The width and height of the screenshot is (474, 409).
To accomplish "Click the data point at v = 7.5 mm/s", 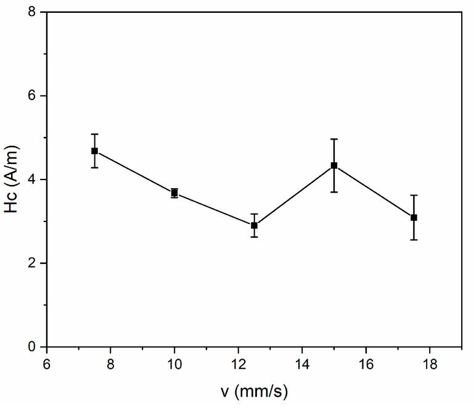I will (x=94, y=151).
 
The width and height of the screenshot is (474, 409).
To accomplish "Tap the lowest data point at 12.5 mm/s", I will (x=254, y=225).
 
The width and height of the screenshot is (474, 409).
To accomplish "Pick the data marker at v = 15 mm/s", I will (x=334, y=165).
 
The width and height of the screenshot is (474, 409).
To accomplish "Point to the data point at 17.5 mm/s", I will (x=414, y=217).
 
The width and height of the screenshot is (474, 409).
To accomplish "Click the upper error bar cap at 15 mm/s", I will (x=334, y=139).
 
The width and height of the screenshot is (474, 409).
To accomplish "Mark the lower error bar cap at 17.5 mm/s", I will (x=414, y=239).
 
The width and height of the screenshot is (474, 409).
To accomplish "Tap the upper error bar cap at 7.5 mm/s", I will (x=94, y=134).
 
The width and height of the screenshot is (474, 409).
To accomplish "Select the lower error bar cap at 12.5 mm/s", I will (x=254, y=237).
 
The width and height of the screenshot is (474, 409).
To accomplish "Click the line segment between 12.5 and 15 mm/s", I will (x=294, y=196).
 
